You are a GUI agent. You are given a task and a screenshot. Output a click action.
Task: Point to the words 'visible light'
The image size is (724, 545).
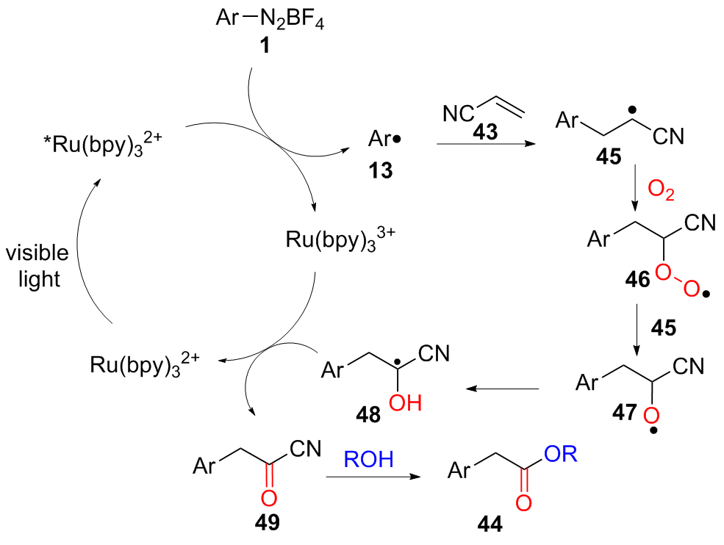coord(37,266)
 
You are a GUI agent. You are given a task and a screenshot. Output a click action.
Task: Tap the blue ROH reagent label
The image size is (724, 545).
coord(370,461)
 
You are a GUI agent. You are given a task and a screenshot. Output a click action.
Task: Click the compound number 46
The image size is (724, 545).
coord(634,280)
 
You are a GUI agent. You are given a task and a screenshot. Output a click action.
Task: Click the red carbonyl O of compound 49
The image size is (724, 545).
coord(268,499)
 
